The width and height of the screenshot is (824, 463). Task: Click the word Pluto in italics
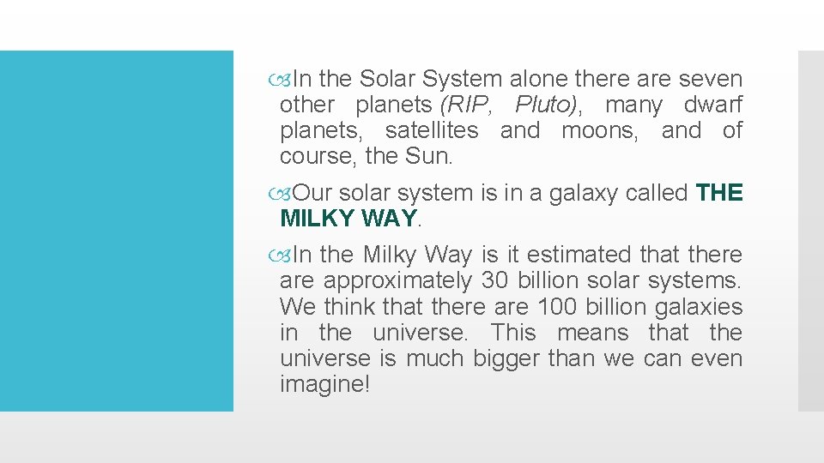coord(548,105)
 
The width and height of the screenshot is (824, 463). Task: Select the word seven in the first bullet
coord(710,79)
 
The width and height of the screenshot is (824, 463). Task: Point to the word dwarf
coord(712,105)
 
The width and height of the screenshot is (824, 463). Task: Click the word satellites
coord(432,131)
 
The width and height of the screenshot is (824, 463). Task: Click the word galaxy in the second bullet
coord(577,193)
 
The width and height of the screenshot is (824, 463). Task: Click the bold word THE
coord(719,193)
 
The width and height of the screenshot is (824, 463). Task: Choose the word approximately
coord(397,280)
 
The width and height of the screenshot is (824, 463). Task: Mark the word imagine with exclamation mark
coord(324,384)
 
